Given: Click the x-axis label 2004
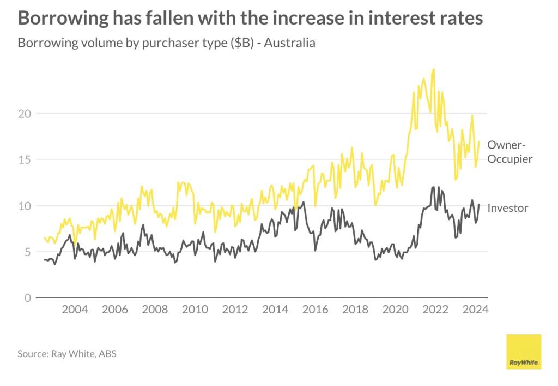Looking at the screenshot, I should [75, 310].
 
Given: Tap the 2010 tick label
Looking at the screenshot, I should [195, 310].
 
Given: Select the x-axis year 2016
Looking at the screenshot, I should [316, 310].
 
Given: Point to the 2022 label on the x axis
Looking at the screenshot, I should [436, 310].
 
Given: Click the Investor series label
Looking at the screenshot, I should [507, 208].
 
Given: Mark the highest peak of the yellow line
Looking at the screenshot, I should [433, 69].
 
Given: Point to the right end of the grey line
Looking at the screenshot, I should [478, 205].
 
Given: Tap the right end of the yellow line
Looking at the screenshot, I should [478, 142].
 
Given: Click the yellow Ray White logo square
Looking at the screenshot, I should [524, 352].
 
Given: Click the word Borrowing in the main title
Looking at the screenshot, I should [59, 19].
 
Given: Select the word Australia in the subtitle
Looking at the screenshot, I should [290, 43].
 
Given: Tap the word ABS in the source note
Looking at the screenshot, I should [108, 354].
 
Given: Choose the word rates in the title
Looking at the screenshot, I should [459, 19].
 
